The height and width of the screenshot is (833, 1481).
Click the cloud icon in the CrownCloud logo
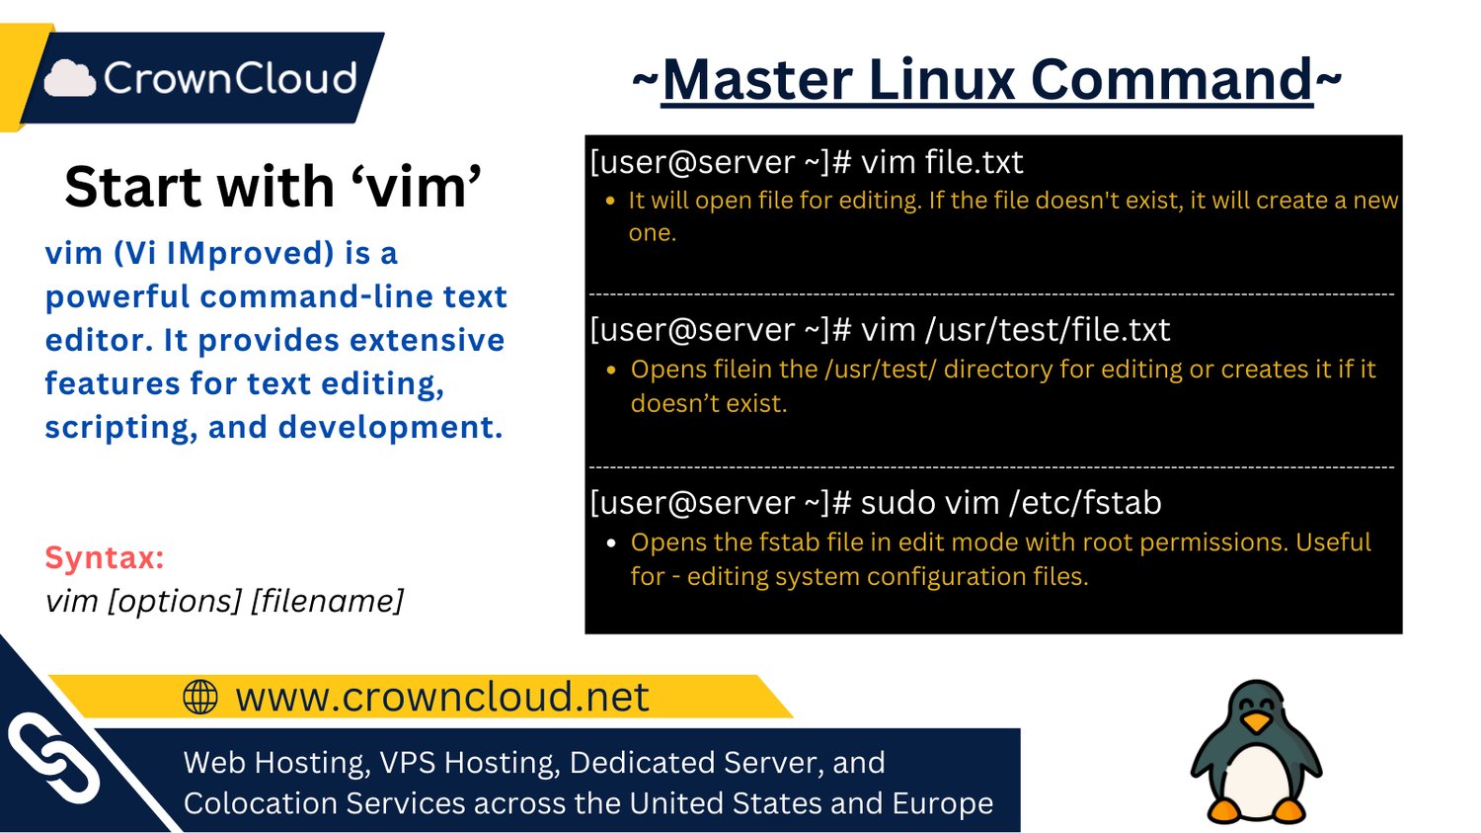69,78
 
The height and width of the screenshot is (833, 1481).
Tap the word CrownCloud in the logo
230,78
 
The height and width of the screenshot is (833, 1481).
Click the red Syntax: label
104,557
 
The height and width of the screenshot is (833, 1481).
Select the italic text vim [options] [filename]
224,601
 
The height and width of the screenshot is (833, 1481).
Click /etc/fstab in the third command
1085,502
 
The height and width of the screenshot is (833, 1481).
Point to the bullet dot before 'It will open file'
610,201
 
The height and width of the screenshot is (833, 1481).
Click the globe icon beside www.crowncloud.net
200,697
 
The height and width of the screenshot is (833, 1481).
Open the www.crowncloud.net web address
441,697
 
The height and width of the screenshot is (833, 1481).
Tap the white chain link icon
53,759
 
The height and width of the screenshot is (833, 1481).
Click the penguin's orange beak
1256,722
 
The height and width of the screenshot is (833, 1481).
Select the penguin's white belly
1256,776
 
